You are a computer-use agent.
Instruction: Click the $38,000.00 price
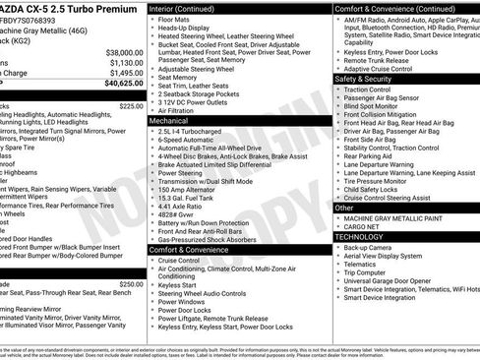point(122,52)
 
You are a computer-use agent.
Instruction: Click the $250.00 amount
point(131,283)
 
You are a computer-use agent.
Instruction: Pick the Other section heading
point(345,208)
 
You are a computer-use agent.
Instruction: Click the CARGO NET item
point(368,226)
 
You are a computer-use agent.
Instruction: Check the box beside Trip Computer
point(338,272)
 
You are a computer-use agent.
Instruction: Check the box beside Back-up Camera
point(338,247)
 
